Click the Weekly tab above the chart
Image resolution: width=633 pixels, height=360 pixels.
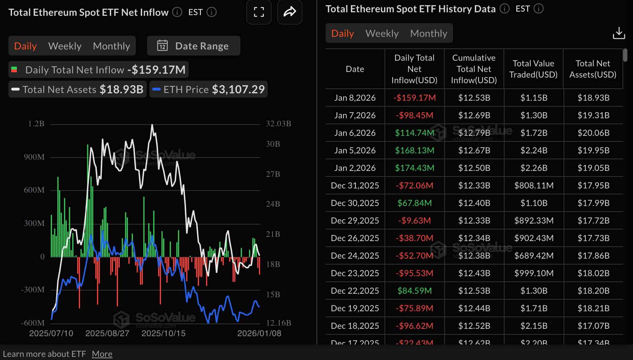pos(65,46)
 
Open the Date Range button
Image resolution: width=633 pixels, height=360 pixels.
pos(193,46)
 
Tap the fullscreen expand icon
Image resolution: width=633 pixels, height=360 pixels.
pos(259,12)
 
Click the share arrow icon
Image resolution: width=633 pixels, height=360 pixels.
pos(289,12)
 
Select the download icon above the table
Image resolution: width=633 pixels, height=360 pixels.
pos(619,33)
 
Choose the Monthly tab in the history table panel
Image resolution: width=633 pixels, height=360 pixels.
pos(428,33)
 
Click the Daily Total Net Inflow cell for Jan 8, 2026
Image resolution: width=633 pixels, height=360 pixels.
pos(414,98)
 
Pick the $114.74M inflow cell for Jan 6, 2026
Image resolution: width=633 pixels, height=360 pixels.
pos(414,133)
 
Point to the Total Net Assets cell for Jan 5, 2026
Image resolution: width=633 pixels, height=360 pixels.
pos(593,151)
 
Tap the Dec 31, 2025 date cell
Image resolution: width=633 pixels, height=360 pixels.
pos(355,186)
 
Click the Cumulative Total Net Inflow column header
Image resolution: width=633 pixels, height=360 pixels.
pos(474,69)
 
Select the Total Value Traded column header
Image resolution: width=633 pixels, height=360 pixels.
pos(533,69)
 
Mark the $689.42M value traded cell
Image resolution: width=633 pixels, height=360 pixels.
pos(534,256)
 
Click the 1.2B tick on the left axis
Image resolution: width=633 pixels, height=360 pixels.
pos(36,124)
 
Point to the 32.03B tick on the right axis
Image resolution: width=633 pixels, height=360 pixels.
pos(278,124)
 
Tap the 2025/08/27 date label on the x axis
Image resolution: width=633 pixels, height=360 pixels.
pos(107,333)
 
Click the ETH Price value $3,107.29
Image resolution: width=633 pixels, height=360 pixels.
pos(238,89)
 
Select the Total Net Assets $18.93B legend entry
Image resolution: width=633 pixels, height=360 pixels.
pos(78,89)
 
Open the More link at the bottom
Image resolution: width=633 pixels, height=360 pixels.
pos(102,354)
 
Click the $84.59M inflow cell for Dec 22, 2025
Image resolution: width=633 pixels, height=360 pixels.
pos(414,291)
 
